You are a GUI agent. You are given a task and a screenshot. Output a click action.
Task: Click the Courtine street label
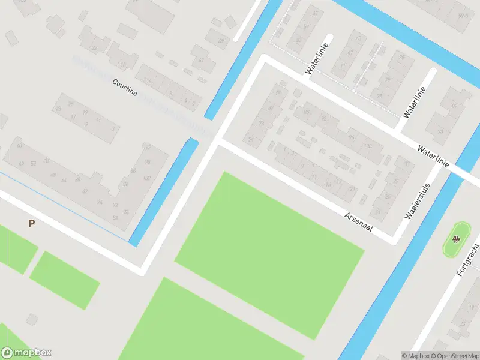point(125,87)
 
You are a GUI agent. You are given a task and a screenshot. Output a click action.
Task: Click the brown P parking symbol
point(31,224)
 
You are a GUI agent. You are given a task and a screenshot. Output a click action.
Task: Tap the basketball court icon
point(457,240)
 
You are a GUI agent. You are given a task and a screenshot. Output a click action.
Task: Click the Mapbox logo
point(26,353)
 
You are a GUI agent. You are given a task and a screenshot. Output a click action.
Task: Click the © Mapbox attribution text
point(415,355)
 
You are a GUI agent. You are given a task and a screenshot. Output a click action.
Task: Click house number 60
point(20,146)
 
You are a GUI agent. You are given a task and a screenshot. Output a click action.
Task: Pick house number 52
point(33,163)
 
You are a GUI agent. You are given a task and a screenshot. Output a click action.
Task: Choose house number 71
point(343,67)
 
